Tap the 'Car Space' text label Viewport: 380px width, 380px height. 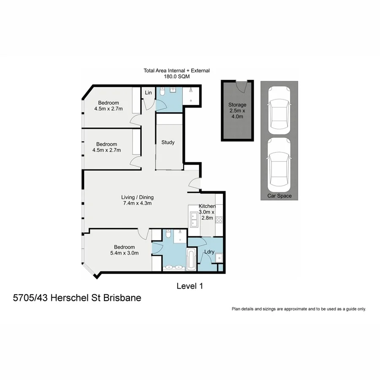(x=280, y=196)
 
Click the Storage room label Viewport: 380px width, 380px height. (x=237, y=105)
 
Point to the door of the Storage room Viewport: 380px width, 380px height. (x=241, y=86)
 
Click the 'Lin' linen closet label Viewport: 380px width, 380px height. (x=148, y=93)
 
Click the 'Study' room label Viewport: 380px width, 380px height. (x=168, y=142)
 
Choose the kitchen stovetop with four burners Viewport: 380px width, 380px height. (x=219, y=220)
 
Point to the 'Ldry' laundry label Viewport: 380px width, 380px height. (x=208, y=252)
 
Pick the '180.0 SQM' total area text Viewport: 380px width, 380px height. (x=176, y=77)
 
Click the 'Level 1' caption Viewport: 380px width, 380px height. (x=190, y=286)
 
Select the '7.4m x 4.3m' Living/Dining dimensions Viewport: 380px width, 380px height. (x=137, y=203)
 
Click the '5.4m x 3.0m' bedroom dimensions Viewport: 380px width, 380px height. (x=124, y=253)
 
